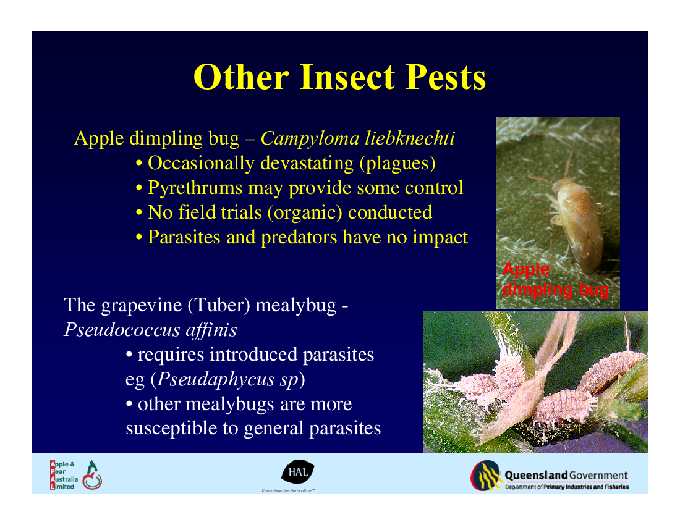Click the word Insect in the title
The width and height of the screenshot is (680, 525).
click(x=347, y=77)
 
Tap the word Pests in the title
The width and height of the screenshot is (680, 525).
click(x=445, y=77)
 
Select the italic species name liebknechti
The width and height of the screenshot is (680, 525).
click(x=410, y=138)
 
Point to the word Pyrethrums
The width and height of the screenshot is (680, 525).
click(x=195, y=188)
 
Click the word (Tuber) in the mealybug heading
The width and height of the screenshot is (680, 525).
click(x=219, y=305)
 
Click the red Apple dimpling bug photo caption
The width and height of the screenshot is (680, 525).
click(x=555, y=279)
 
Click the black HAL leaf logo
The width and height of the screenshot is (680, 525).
click(x=297, y=471)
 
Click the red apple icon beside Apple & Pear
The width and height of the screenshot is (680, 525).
click(x=92, y=476)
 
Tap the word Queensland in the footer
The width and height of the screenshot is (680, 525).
click(x=536, y=475)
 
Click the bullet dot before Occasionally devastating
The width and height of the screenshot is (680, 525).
click(x=138, y=164)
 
